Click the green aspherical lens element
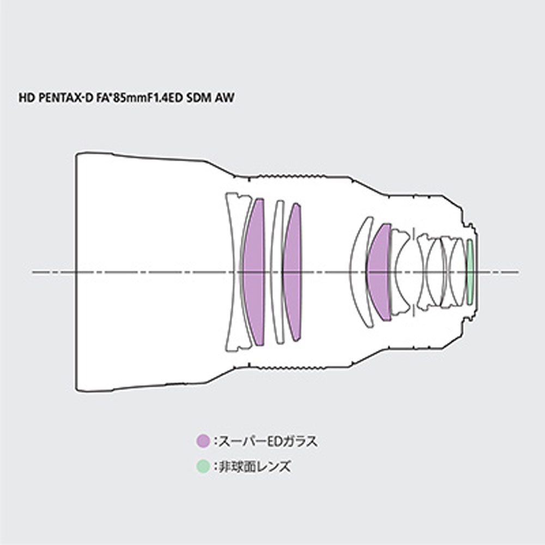[x=470, y=272]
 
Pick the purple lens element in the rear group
[x=379, y=272]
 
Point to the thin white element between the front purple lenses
[x=277, y=272]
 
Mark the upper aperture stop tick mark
[x=414, y=234]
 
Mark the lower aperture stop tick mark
[x=414, y=311]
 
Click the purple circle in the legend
[x=203, y=441]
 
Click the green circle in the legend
[x=203, y=466]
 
